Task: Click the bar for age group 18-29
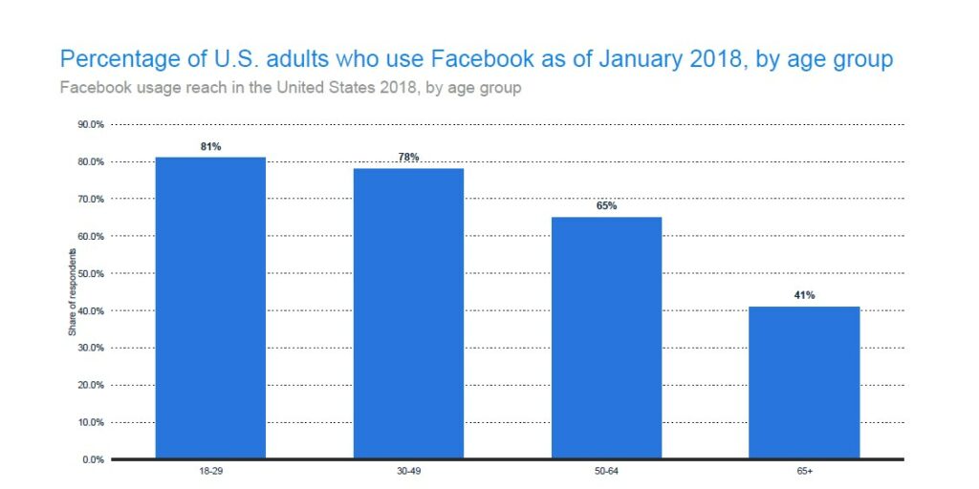210,308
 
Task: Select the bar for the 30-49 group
408,313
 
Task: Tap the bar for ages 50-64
606,337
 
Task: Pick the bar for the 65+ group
804,382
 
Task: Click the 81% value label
210,146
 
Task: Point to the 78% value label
408,157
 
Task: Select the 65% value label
606,205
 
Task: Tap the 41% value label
804,295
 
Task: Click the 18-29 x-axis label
210,471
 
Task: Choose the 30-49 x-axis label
408,471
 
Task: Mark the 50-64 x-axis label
606,471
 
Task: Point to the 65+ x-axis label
804,471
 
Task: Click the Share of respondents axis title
72,292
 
